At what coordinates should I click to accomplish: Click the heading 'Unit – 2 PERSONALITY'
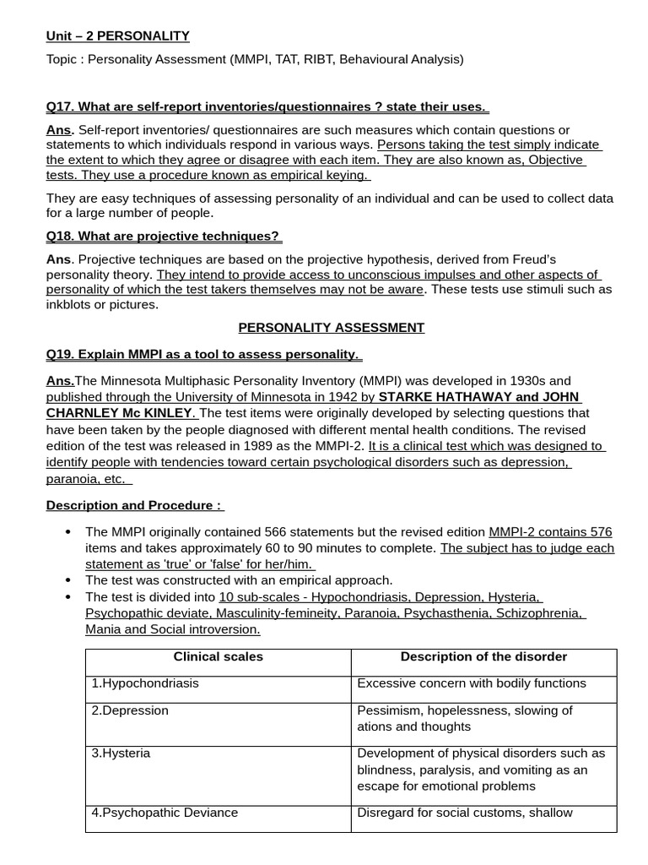click(x=117, y=35)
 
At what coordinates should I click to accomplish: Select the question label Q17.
click(x=59, y=106)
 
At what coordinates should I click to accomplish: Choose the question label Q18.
click(x=59, y=236)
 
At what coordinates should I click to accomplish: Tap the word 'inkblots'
click(x=69, y=304)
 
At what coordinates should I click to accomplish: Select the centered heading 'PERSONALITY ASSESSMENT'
click(x=332, y=327)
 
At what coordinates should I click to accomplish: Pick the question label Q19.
click(x=59, y=354)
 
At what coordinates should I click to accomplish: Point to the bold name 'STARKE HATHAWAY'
click(x=445, y=397)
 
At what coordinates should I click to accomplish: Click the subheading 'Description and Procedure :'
click(x=135, y=505)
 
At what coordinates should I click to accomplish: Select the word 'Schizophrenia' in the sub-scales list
click(x=540, y=613)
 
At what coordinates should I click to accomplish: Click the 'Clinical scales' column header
click(x=218, y=656)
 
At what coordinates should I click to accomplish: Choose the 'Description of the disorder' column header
click(x=483, y=656)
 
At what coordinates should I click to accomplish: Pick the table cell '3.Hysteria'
click(x=121, y=753)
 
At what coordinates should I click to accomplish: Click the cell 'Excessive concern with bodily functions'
click(x=471, y=683)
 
